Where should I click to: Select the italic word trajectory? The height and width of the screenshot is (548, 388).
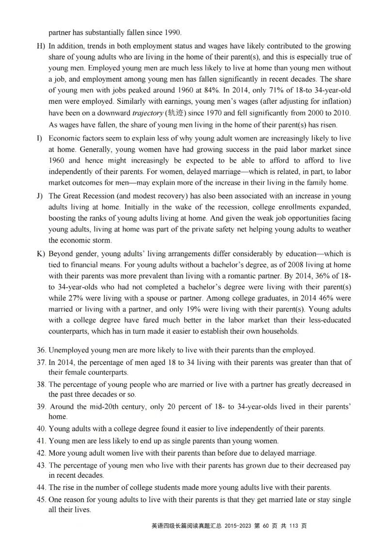click(147, 113)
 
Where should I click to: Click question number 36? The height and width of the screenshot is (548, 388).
click(42, 350)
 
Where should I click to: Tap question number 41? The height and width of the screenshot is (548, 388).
click(42, 441)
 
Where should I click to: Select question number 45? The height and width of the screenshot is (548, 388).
click(42, 500)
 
